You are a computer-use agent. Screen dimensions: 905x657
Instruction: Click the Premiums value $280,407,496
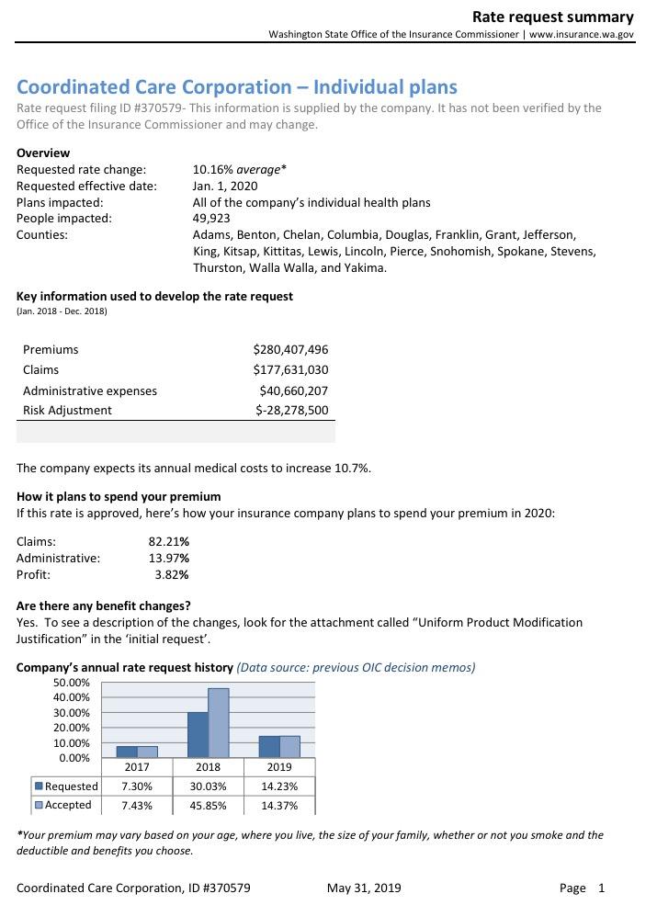click(290, 349)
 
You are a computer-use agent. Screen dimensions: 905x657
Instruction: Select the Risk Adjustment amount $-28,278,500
click(291, 410)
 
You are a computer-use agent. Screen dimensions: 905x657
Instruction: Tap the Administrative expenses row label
click(90, 390)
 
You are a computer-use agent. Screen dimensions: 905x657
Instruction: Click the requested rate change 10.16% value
click(212, 169)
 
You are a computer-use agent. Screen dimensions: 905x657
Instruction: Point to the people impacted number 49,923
click(212, 219)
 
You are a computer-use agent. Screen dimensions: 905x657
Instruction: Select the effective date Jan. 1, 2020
click(225, 186)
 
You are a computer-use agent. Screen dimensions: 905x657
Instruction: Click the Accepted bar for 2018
click(218, 722)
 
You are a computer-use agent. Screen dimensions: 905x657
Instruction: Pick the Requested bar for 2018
click(198, 734)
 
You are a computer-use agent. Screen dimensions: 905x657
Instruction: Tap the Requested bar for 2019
click(269, 746)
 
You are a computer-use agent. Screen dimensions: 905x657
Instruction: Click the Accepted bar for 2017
click(148, 751)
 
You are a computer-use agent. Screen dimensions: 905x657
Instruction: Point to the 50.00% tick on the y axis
click(73, 683)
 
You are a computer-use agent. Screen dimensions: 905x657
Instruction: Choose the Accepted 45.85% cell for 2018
click(209, 805)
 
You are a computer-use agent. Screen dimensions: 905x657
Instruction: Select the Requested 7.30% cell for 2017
click(137, 786)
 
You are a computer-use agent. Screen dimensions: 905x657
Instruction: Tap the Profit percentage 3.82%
click(172, 574)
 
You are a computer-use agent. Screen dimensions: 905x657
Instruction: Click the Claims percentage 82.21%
click(169, 541)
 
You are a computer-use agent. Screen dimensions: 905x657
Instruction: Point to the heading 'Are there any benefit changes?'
click(104, 605)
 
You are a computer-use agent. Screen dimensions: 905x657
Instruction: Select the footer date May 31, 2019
click(364, 888)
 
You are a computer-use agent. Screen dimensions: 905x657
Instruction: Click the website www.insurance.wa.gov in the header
click(582, 34)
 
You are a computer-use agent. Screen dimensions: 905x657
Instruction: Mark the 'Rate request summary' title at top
click(552, 17)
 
